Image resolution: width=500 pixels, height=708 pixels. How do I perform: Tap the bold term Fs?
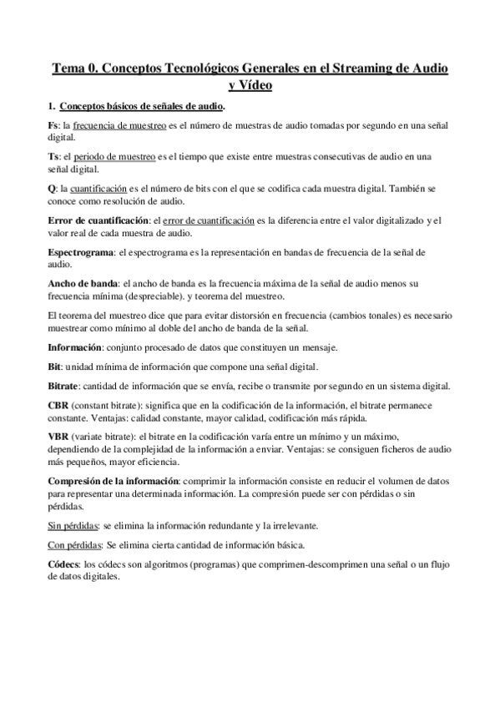(53, 125)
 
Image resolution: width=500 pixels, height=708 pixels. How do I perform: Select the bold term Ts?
(53, 157)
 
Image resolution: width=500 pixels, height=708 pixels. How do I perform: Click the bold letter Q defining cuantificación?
(52, 189)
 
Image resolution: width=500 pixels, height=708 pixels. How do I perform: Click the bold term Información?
(74, 347)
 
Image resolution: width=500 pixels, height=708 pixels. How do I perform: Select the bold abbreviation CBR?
(58, 406)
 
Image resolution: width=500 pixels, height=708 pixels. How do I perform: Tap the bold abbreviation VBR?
(58, 437)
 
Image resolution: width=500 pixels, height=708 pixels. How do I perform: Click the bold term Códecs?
(64, 565)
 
